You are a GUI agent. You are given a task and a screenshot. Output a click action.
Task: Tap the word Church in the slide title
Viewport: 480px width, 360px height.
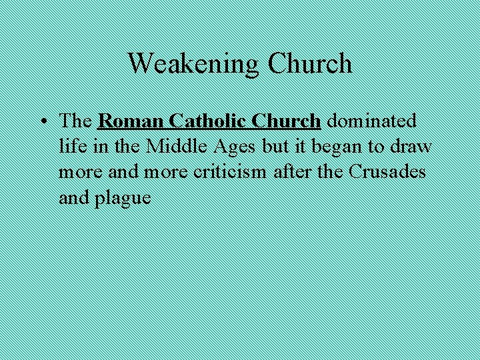(309, 64)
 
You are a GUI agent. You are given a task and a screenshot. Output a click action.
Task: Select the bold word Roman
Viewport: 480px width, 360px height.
(130, 121)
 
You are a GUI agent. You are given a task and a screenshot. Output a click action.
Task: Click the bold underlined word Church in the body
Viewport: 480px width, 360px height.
(287, 121)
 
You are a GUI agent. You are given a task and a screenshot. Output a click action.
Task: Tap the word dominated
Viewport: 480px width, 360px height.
(372, 121)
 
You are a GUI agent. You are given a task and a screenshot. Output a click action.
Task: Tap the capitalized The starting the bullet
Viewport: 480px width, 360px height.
(75, 121)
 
